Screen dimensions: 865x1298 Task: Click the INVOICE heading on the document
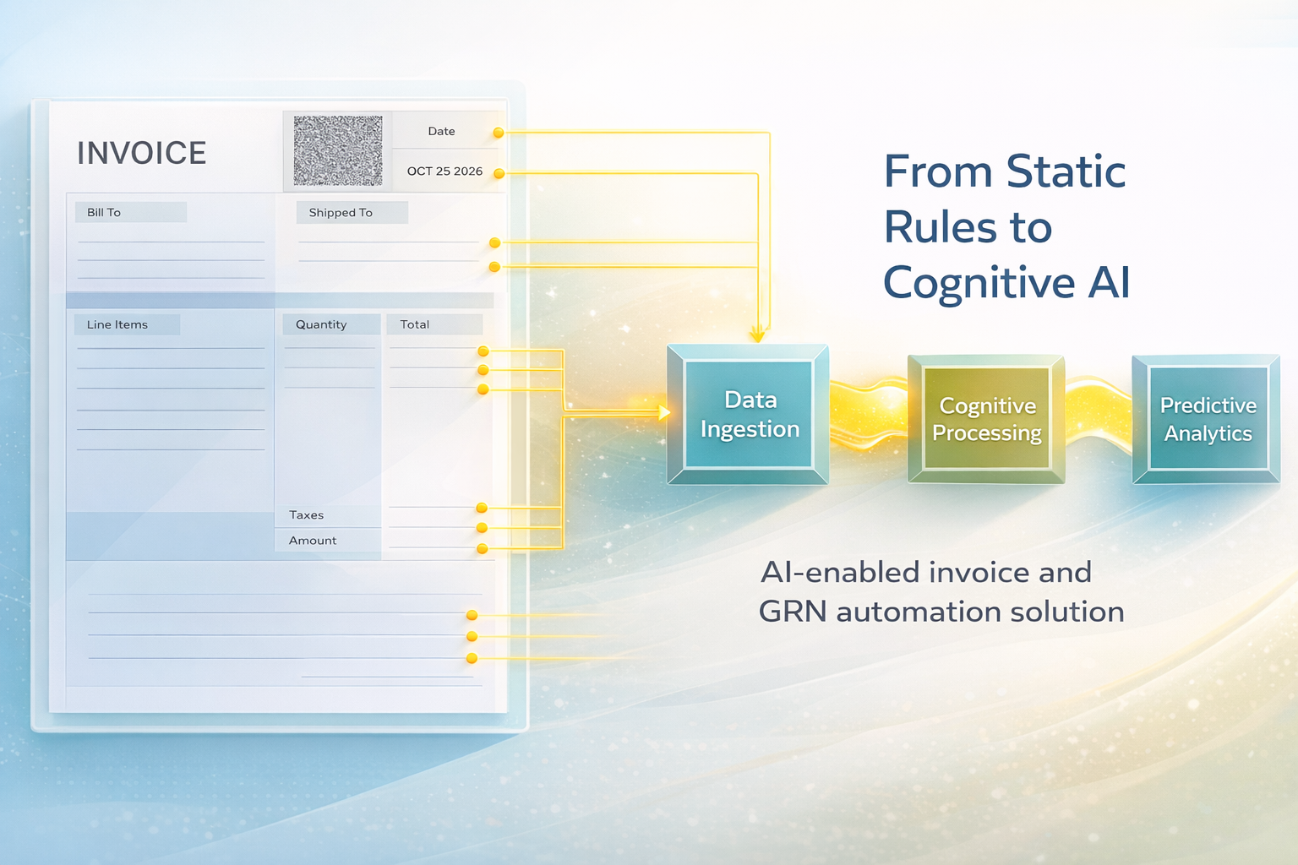142,154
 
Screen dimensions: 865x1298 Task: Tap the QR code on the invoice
338,150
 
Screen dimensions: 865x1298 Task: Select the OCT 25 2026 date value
444,171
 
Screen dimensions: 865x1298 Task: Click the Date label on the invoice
441,132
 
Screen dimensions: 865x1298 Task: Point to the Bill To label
104,213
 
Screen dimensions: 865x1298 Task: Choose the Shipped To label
341,213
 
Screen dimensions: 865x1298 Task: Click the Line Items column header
117,325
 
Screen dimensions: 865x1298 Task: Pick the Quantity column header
321,325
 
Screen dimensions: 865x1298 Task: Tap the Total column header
415,325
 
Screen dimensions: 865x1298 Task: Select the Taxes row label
307,515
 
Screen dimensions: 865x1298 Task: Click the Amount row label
313,541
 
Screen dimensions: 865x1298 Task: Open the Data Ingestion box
750,415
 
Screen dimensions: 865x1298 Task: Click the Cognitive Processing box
986,420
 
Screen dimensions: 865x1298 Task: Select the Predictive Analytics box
1208,420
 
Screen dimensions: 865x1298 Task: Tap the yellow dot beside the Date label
499,133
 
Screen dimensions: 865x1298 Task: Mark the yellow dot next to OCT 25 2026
499,173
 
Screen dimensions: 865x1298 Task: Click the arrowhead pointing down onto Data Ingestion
758,335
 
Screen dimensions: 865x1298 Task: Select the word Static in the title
1066,172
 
